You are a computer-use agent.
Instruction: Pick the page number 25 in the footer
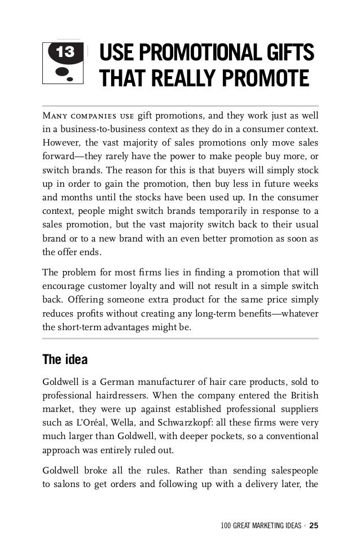pyautogui.click(x=314, y=526)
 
